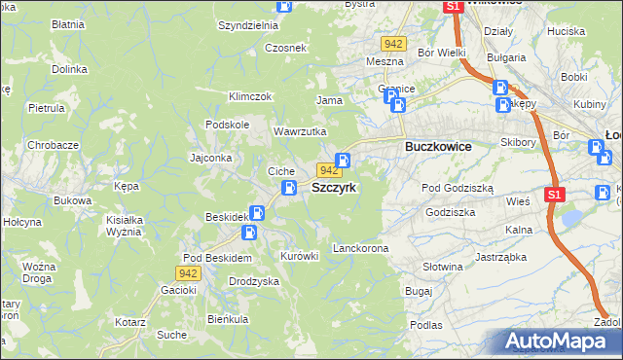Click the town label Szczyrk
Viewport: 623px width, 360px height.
[x=340, y=188]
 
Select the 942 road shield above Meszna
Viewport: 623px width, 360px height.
[x=393, y=44]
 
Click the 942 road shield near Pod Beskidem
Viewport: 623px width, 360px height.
[x=190, y=273]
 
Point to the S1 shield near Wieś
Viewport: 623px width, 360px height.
[x=554, y=195]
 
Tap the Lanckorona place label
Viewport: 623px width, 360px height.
[x=360, y=248]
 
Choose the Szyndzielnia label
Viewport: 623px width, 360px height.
[x=248, y=25]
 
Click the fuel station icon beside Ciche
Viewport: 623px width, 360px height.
[x=289, y=188]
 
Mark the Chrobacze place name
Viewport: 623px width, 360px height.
[x=53, y=145]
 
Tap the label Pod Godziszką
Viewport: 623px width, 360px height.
[x=458, y=188]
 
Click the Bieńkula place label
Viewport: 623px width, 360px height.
[x=228, y=318]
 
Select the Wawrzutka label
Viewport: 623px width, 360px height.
[x=300, y=131]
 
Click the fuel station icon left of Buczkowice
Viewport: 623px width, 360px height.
[x=343, y=160]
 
